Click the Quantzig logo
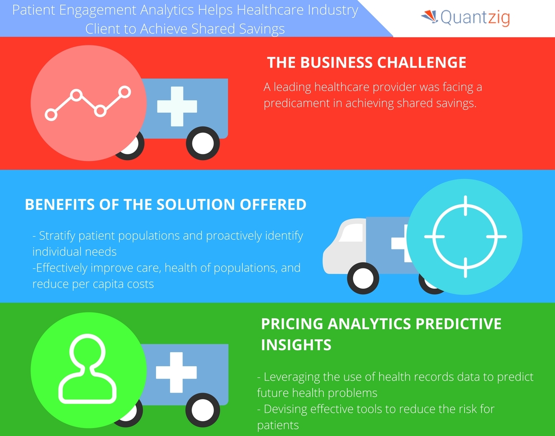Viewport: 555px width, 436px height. click(466, 17)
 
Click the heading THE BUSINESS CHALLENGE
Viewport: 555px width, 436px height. click(366, 62)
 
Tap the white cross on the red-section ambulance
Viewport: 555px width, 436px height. click(177, 106)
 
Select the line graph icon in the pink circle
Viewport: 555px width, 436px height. click(88, 103)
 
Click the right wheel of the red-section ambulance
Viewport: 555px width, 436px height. click(203, 143)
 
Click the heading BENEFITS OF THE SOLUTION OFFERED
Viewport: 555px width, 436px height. click(166, 204)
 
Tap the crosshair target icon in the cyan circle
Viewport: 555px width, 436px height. click(465, 237)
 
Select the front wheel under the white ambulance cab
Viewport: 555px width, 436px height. click(363, 278)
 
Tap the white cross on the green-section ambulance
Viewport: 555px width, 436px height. click(176, 372)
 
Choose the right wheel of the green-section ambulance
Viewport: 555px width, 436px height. click(202, 410)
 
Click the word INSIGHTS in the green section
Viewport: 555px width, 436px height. click(296, 345)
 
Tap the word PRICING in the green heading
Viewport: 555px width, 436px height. click(292, 324)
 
